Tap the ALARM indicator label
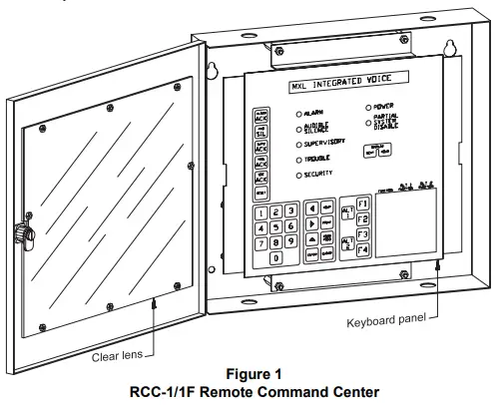pos(317,115)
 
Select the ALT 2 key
pos(347,242)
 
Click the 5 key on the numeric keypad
pos(275,226)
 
